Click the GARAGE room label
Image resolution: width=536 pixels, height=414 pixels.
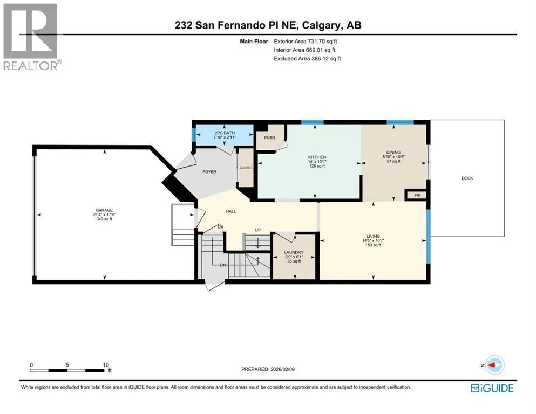pos(104,210)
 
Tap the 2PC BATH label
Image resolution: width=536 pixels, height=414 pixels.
pos(225,133)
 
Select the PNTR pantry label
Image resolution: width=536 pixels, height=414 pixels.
pos(269,138)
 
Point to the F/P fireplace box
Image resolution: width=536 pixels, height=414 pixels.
pos(417,195)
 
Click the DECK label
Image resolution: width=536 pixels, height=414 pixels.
pos(467,178)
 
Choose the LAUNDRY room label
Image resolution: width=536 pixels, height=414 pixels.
pos(294,253)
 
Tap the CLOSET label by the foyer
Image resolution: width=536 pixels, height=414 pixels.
pos(246,168)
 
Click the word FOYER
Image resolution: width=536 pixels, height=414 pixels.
pos(209,172)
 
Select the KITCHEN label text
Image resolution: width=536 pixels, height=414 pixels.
pos(317,157)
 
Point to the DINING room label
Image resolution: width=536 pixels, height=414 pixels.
pos(393,152)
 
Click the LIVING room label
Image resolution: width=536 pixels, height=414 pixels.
pos(373,236)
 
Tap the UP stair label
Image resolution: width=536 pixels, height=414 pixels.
pos(258,230)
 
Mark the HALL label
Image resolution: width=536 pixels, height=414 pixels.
pos(230,211)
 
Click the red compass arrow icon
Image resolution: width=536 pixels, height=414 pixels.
pos(493,365)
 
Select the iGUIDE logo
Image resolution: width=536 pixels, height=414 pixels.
pos(492,388)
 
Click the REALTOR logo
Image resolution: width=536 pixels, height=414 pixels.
pos(31,37)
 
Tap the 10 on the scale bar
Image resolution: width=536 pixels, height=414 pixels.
pos(106,365)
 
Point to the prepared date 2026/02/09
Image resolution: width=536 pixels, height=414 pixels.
pos(282,369)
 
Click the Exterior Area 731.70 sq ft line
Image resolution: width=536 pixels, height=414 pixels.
pos(306,42)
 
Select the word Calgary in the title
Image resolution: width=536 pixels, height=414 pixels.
pos(322,25)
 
